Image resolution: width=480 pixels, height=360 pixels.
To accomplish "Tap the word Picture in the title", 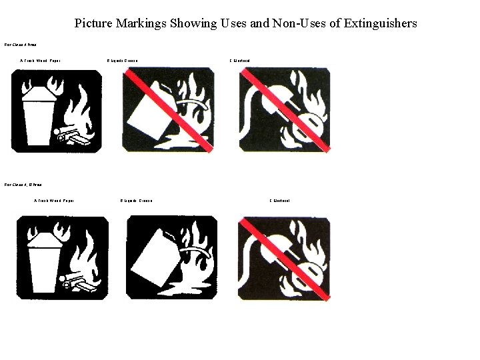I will click(93, 23).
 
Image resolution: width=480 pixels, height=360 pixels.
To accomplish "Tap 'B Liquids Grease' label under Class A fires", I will click(122, 61).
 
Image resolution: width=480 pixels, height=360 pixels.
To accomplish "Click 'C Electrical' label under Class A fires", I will click(239, 61).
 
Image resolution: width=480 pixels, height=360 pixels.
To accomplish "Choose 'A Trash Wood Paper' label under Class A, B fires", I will click(54, 201).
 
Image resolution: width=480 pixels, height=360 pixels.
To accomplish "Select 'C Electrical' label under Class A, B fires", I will click(279, 201).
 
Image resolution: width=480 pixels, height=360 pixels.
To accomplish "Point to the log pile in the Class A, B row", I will click(79, 283).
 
